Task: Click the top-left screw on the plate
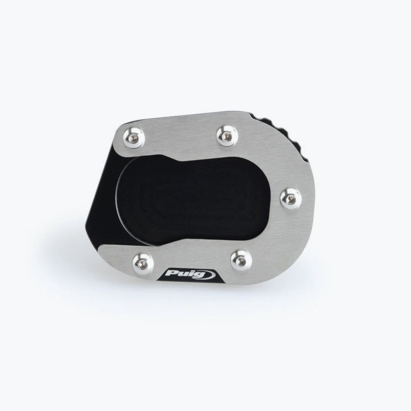[134, 137]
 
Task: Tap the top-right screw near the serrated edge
[227, 135]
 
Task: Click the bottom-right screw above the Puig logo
[241, 260]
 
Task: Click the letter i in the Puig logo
[190, 274]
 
